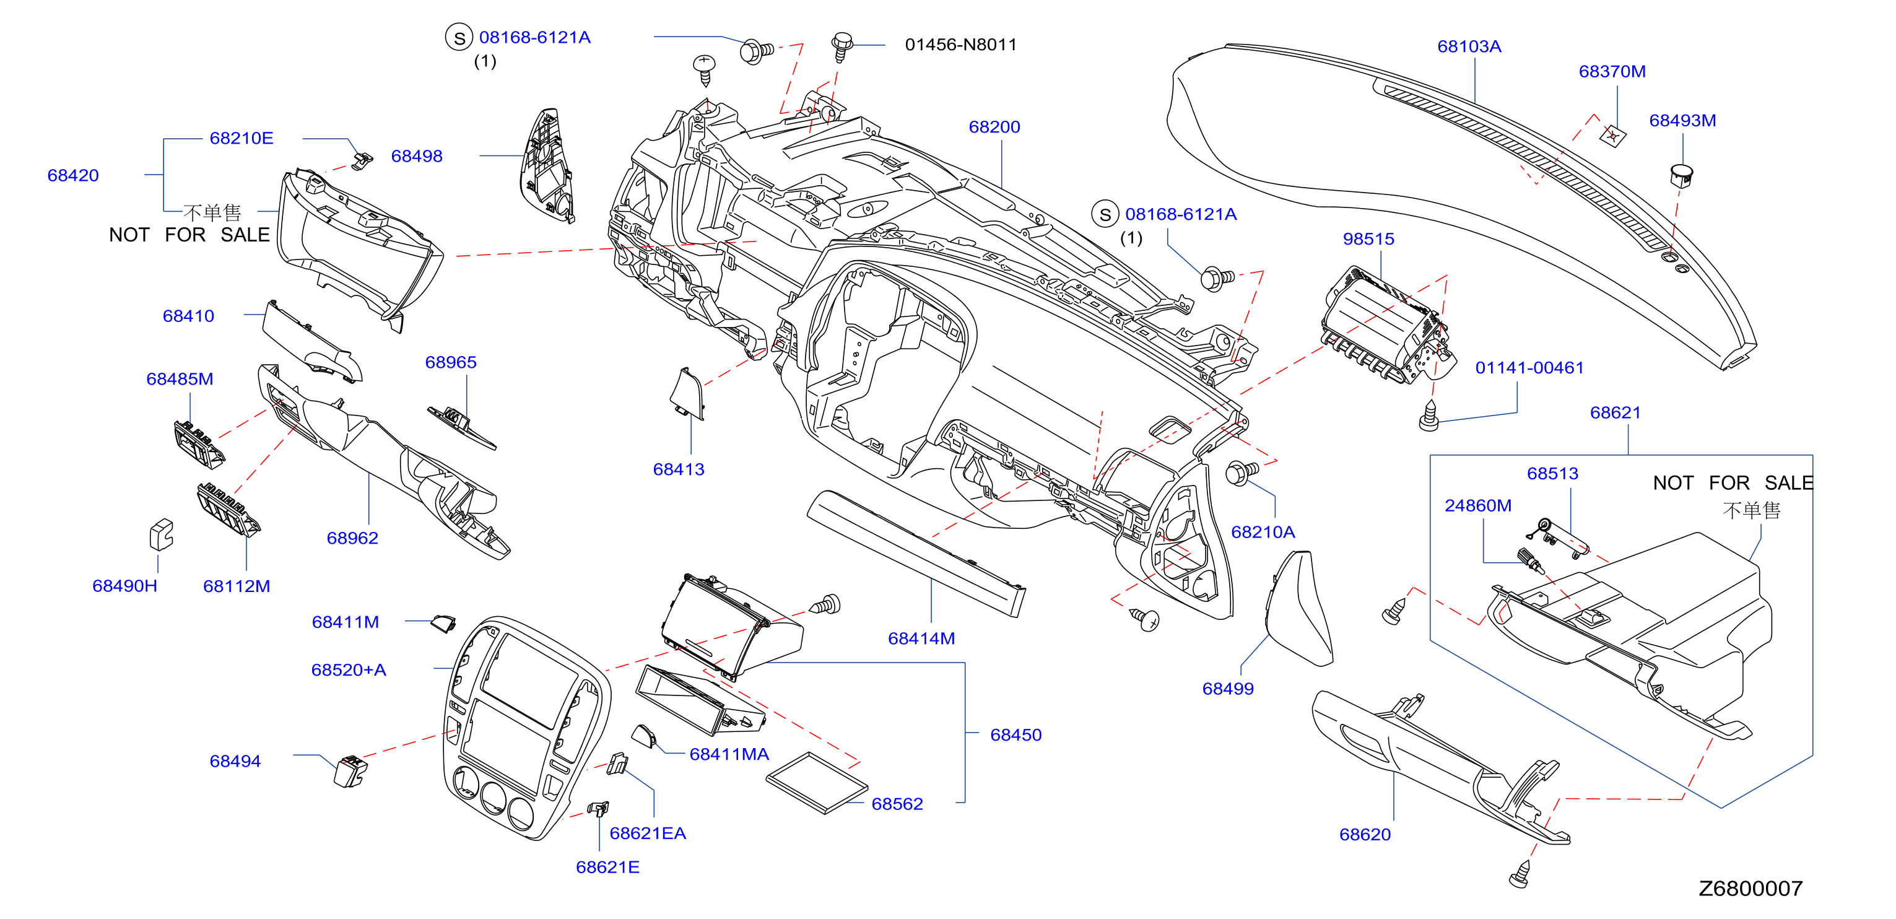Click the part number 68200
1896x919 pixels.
click(994, 127)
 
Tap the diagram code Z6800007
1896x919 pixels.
click(1750, 888)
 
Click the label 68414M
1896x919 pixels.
click(921, 638)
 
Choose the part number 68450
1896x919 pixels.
click(1015, 734)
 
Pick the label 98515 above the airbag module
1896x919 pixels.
click(1368, 238)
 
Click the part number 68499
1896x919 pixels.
click(1228, 689)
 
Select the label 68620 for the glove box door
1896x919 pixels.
click(1365, 834)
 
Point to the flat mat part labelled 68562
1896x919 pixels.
click(816, 782)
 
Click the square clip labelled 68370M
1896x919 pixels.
click(1612, 135)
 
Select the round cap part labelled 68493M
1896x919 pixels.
click(1681, 175)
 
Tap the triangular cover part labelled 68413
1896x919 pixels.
click(687, 394)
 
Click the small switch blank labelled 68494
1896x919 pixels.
click(350, 770)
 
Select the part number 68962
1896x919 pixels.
click(352, 538)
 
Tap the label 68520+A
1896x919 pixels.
click(348, 669)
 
